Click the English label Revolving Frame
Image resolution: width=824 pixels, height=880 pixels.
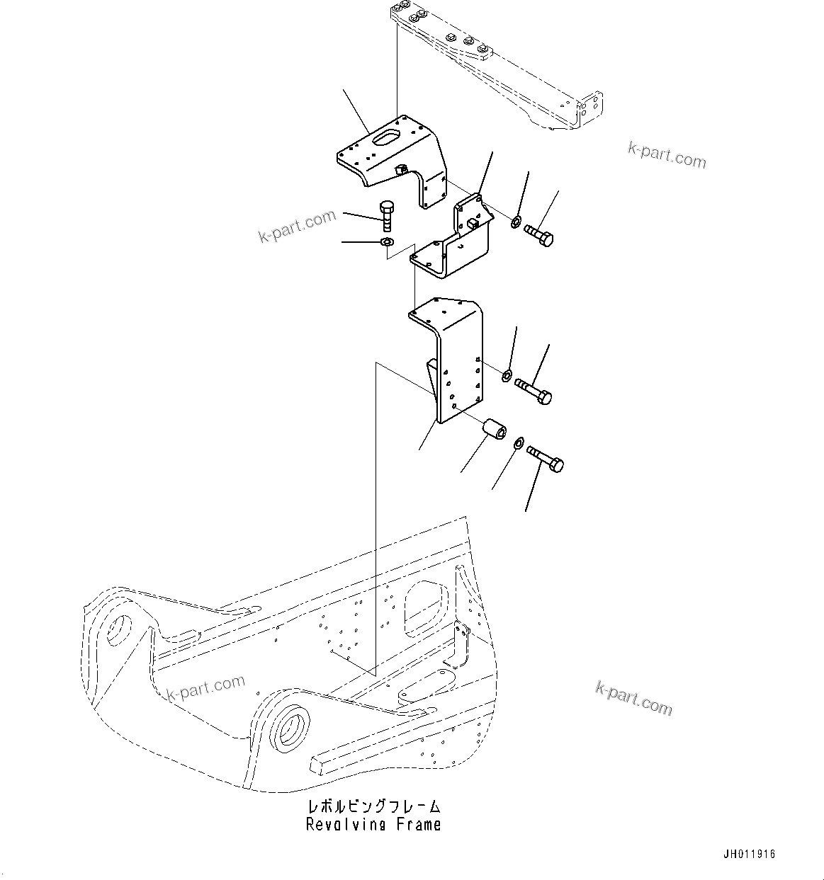click(373, 824)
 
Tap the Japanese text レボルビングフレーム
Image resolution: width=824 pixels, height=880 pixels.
click(373, 806)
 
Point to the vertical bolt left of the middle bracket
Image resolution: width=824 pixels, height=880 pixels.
click(387, 215)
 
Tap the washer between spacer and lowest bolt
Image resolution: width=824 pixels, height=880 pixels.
click(518, 443)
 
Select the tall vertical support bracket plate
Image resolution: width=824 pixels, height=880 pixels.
click(461, 361)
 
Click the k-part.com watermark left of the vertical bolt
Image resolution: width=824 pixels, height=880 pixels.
click(297, 226)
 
